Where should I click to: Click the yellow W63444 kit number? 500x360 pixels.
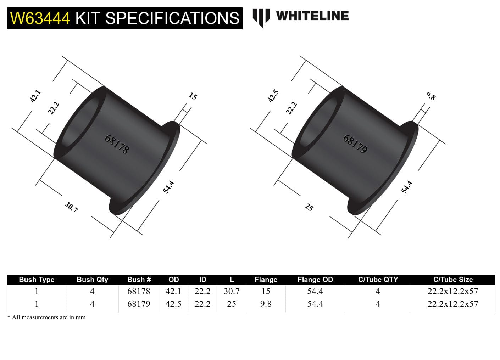coord(40,18)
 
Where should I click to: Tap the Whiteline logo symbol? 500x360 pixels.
coord(261,17)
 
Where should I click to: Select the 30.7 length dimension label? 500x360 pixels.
coord(71,207)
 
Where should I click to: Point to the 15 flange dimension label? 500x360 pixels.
coord(193,96)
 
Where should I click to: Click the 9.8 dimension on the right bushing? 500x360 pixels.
coord(430,96)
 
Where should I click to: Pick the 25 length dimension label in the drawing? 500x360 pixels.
coord(309,207)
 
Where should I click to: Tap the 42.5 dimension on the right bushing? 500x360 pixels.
coord(273,96)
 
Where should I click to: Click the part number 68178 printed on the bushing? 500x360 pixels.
coord(117,144)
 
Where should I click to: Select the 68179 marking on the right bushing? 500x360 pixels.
coord(355,144)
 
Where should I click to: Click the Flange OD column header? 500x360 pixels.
coord(315,280)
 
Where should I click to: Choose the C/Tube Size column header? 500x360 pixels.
coord(453,280)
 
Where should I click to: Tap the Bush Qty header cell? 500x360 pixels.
coord(92,280)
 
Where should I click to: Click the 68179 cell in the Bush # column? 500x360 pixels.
coord(139,304)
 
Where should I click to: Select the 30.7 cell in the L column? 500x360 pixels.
coord(231,291)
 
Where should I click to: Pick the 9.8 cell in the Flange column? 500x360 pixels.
coord(266,304)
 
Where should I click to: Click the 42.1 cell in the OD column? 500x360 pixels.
coord(173,291)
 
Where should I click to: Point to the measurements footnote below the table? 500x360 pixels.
coord(46,317)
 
